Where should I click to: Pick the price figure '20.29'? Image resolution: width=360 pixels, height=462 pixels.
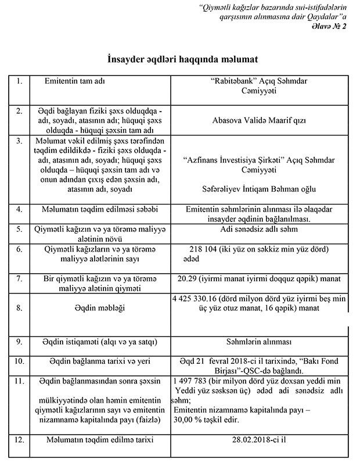[188, 278]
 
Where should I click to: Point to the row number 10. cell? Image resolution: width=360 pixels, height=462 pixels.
[20, 361]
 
